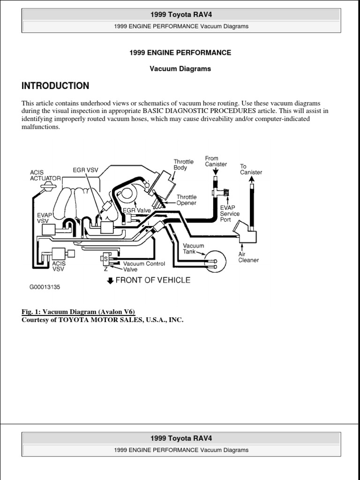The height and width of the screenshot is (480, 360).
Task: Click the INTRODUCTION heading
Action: point(55,86)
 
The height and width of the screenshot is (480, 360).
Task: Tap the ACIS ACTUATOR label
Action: point(45,175)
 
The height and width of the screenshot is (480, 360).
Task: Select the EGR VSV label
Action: point(85,170)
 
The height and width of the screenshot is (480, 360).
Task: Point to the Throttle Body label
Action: point(180,165)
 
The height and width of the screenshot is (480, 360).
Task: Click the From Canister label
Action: point(216,161)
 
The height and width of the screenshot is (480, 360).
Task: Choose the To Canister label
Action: point(251,169)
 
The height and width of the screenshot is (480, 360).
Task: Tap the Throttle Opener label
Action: point(187,200)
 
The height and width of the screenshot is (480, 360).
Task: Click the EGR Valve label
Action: point(137,210)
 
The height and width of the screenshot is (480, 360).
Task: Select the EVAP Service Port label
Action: point(230,213)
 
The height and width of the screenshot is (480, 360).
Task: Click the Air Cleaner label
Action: point(248,256)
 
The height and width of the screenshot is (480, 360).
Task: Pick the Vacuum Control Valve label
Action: point(144,266)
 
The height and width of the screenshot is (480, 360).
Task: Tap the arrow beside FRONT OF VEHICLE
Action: point(111,281)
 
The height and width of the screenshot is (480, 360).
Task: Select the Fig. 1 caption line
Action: point(78,312)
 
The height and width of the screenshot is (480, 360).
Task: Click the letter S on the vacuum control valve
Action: point(105,259)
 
